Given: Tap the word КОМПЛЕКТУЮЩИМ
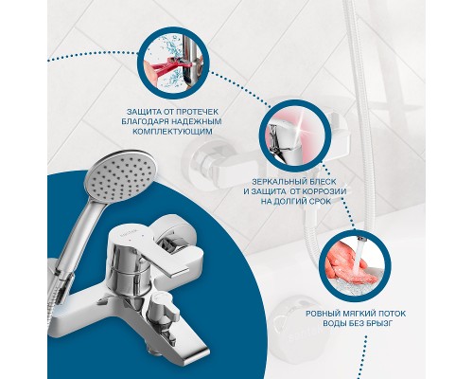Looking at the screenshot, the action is (172, 131).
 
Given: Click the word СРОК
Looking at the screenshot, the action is (320, 201).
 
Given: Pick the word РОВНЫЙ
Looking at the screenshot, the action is (323, 314).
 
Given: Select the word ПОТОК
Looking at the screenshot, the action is (390, 314).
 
